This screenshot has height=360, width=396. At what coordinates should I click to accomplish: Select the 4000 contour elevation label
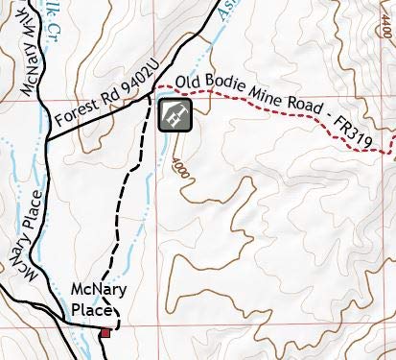178,164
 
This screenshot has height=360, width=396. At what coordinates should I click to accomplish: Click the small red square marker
105,332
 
